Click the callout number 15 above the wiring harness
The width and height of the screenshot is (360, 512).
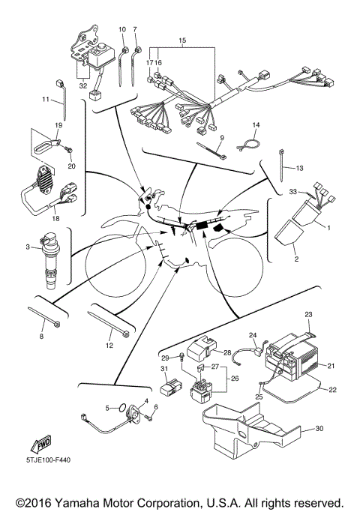(182, 40)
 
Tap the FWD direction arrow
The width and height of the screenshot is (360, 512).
(41, 444)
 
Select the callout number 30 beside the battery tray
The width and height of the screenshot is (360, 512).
(319, 428)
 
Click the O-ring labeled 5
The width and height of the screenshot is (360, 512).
(121, 408)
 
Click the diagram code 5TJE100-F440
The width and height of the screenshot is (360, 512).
(48, 460)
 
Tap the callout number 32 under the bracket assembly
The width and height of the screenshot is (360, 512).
(83, 85)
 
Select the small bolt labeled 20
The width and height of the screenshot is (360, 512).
(69, 150)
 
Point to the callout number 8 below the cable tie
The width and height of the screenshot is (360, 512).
(41, 336)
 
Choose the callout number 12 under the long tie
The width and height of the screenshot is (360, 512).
(109, 345)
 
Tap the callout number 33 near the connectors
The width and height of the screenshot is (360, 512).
(293, 191)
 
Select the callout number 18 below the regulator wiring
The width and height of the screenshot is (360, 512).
(55, 218)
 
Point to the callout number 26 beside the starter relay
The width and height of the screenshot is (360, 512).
(235, 379)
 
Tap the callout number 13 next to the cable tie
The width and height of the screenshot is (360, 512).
(299, 168)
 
